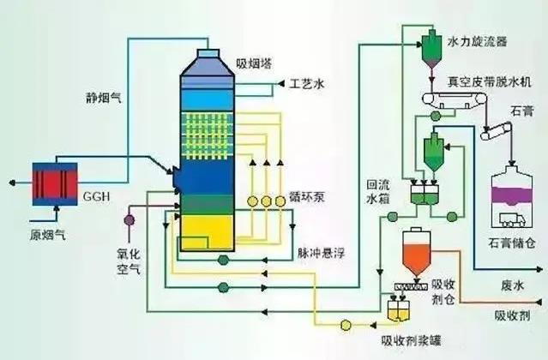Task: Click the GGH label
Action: click(96, 196)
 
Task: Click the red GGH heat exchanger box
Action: click(55, 184)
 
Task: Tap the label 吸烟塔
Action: click(254, 64)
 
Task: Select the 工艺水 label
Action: click(307, 84)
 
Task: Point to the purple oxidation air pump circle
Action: click(129, 220)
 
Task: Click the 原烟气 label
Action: click(47, 235)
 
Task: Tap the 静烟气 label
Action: click(104, 98)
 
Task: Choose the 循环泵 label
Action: click(307, 197)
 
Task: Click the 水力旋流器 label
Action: click(478, 41)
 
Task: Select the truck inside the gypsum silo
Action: click(512, 220)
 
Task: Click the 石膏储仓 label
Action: click(512, 243)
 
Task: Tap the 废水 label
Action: click(513, 286)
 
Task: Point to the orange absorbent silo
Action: click(416, 252)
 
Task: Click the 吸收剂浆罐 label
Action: click(411, 340)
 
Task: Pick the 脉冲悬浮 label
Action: click(322, 253)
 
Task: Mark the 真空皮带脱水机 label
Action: click(490, 81)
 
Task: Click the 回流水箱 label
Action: click(378, 192)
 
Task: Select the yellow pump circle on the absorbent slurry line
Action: click(346, 325)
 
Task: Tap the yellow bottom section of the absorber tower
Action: click(207, 232)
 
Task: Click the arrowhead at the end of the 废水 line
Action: click(540, 269)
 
